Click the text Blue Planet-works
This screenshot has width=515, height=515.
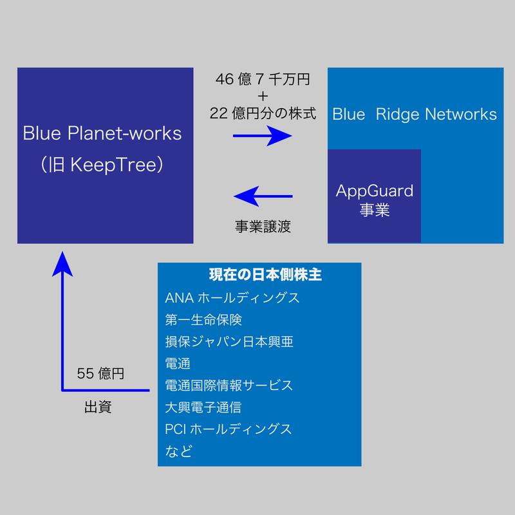click(102, 134)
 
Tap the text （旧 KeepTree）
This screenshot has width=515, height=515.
click(102, 165)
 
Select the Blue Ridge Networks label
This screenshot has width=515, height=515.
click(415, 115)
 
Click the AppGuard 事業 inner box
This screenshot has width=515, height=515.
click(374, 200)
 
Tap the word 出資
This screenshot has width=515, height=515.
click(98, 407)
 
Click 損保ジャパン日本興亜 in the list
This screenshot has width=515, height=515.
click(229, 342)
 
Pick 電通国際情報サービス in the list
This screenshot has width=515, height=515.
click(229, 386)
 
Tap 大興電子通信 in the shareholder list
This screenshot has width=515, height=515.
click(203, 407)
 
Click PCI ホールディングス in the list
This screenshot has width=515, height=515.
click(229, 429)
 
